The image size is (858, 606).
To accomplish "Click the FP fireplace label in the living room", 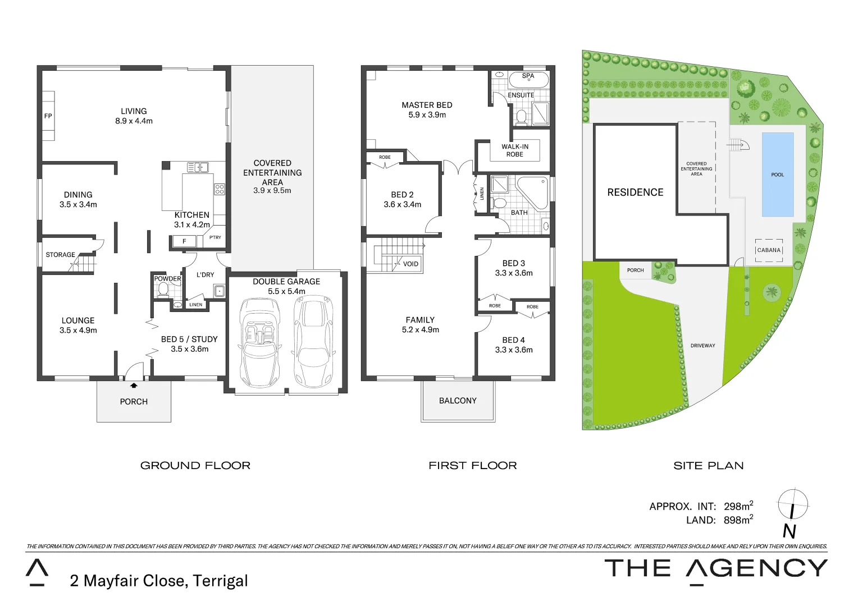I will tap(48, 116).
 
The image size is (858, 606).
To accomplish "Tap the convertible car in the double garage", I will tap(259, 342).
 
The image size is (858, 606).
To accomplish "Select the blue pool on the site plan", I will tap(777, 175).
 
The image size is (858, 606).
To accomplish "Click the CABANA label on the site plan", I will tap(769, 250).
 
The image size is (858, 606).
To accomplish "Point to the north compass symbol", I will tap(792, 504).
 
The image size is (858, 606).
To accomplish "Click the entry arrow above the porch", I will tap(134, 385).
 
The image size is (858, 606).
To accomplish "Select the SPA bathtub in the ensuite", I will tap(528, 79).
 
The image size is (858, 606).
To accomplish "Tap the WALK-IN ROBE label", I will tap(515, 150).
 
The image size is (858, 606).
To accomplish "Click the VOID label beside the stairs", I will tap(410, 264).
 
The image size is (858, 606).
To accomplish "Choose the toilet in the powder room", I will tap(163, 290).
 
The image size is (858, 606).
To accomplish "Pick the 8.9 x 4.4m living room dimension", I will tap(134, 121).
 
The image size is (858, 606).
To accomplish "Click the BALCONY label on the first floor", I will tap(458, 401).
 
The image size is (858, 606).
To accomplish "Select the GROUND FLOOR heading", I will tap(195, 466).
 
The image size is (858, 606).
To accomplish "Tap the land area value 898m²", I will tap(738, 520).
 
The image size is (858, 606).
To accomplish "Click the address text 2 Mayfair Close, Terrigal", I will tap(159, 581).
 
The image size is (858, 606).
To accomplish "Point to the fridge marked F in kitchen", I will tap(184, 241).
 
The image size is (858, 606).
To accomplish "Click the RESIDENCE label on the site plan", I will tap(635, 192).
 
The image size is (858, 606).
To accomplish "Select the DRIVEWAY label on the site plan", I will tap(702, 346).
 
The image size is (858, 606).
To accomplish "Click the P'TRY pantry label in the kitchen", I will tap(215, 237).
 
